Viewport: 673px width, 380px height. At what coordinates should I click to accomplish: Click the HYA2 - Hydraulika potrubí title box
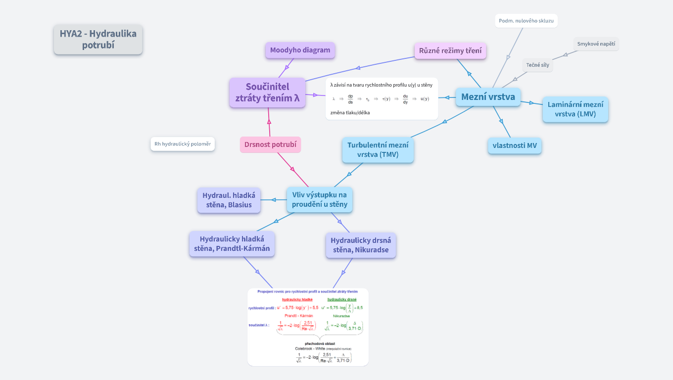coord(98,40)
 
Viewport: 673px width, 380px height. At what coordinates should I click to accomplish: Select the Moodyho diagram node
coord(300,50)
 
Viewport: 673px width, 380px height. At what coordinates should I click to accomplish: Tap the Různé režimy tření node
coord(450,50)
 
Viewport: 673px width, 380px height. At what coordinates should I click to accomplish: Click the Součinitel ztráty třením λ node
coord(267,93)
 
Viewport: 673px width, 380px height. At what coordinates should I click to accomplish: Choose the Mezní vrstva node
coord(488,96)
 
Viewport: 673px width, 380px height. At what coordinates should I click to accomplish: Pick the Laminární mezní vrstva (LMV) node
coord(575,109)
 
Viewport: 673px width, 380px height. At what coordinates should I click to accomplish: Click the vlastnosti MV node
coord(515,145)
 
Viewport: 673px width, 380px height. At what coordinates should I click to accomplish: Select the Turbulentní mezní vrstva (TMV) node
coord(378,150)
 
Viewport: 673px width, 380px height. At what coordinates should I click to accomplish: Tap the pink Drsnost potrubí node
coord(270,144)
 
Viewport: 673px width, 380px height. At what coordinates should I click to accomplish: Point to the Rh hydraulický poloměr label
coord(183,144)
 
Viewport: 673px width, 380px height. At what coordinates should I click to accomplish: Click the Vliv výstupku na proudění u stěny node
coord(320,199)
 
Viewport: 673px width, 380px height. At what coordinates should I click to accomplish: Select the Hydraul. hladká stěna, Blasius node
coord(229,200)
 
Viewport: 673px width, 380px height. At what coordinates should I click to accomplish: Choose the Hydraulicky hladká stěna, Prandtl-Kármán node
coord(232,244)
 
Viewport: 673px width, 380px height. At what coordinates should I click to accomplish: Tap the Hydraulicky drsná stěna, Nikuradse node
coord(361,245)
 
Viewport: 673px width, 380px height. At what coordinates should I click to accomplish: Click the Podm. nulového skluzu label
coord(526,21)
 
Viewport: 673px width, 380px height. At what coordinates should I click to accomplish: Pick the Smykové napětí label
coord(596,44)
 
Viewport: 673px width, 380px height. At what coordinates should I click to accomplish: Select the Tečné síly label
coord(537,65)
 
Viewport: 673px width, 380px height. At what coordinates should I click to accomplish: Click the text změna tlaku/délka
coord(350,112)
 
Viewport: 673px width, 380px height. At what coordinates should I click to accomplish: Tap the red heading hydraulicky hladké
coord(297,299)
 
